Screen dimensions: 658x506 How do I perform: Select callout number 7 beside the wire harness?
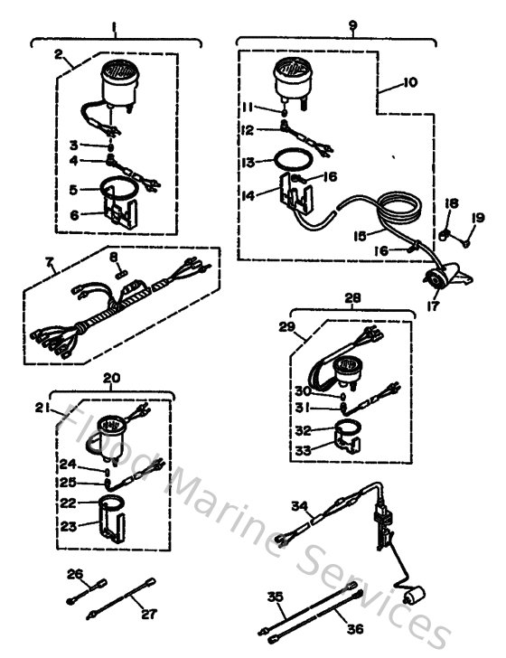coord(52,266)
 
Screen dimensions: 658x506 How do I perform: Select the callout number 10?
coord(409,83)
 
